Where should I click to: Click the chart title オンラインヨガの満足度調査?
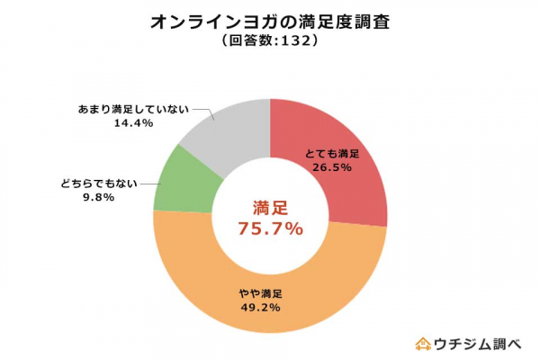(270, 20)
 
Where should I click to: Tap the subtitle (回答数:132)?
(270, 41)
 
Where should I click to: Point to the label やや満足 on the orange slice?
(260, 293)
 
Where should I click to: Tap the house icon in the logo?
(421, 343)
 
